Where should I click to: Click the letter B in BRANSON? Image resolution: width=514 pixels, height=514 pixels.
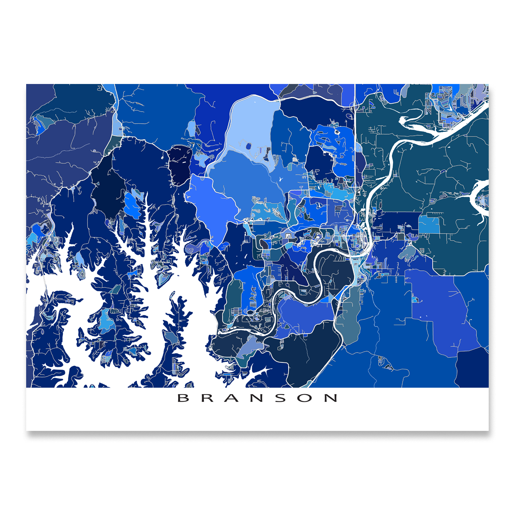183,398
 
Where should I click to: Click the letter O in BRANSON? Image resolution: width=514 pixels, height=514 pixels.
306,398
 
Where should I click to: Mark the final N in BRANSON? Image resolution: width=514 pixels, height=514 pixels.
331,398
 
